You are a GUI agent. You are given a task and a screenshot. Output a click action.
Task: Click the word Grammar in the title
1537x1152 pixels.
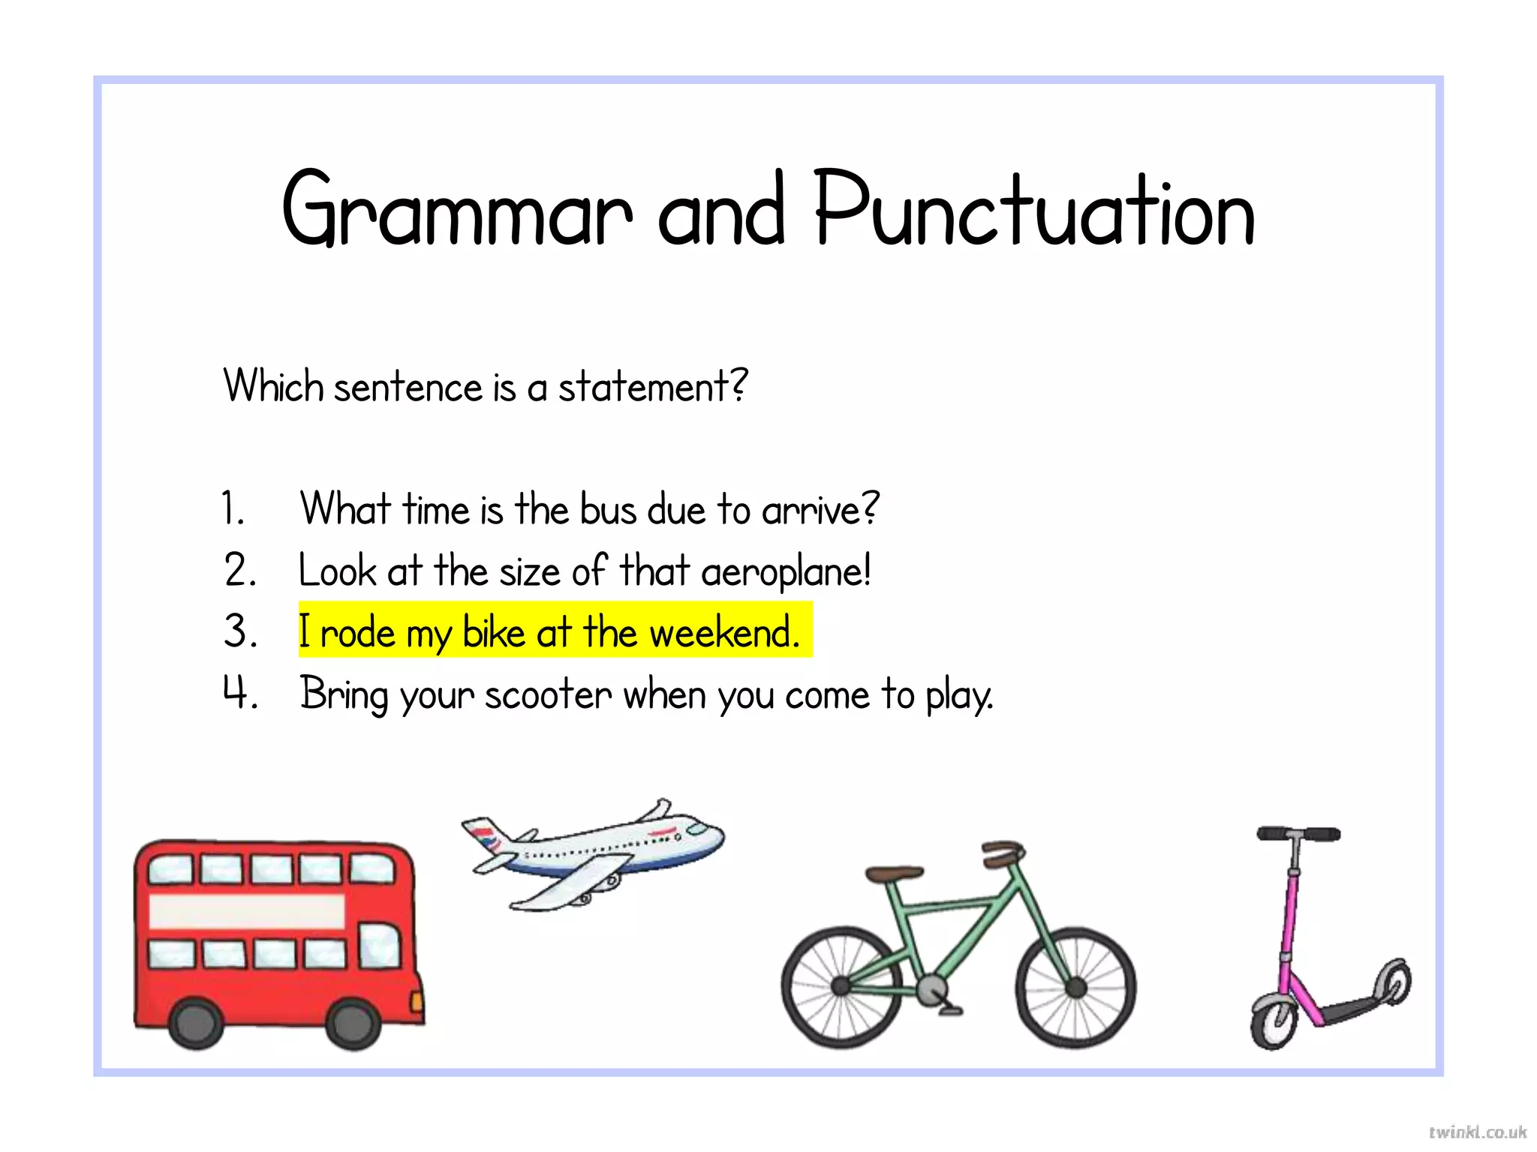pyautogui.click(x=456, y=210)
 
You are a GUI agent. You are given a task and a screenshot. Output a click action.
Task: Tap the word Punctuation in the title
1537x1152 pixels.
pyautogui.click(x=1034, y=210)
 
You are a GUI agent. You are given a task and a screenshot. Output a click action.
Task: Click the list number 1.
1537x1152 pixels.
pyautogui.click(x=233, y=508)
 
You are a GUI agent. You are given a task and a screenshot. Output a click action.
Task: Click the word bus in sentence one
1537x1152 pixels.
pyautogui.click(x=608, y=510)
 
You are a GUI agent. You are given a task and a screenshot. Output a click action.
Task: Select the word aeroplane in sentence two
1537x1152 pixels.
pyautogui.click(x=785, y=571)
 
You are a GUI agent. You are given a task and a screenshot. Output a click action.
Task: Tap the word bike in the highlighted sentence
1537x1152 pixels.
pyautogui.click(x=494, y=633)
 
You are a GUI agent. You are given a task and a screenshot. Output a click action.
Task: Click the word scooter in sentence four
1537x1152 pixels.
pyautogui.click(x=548, y=694)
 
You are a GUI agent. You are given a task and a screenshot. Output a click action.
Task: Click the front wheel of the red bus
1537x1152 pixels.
pyautogui.click(x=353, y=1023)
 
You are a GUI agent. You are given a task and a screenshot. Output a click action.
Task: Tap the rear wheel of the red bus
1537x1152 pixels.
pyautogui.click(x=197, y=1023)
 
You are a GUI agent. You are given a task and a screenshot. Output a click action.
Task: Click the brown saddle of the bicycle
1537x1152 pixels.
pyautogui.click(x=894, y=873)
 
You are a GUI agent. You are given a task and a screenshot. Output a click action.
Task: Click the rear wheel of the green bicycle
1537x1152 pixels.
pyautogui.click(x=841, y=987)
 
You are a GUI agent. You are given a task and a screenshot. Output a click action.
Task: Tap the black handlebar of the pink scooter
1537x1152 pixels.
pyautogui.click(x=1298, y=834)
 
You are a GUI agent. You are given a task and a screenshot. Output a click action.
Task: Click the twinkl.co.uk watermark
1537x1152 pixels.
pyautogui.click(x=1477, y=1132)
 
